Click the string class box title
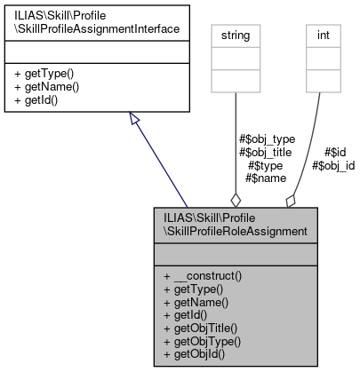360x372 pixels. click(x=234, y=36)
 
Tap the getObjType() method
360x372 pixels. click(x=203, y=341)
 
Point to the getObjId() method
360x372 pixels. click(x=196, y=353)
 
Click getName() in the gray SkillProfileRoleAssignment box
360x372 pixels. click(x=196, y=302)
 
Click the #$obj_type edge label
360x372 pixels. click(x=268, y=139)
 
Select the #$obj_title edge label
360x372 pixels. click(x=268, y=152)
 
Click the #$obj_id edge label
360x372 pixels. click(x=333, y=165)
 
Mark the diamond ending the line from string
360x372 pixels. click(x=235, y=197)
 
